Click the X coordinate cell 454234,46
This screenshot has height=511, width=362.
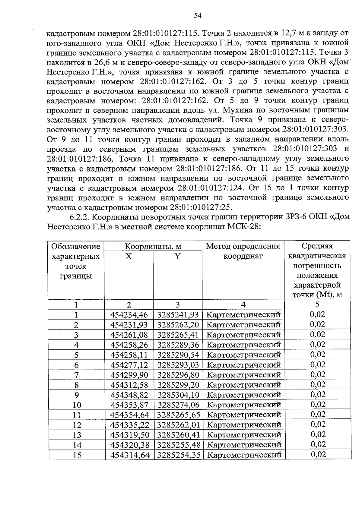129,315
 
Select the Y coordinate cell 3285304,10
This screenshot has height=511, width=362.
178,395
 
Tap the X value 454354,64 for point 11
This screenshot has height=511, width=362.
130,415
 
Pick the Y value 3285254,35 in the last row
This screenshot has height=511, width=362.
179,455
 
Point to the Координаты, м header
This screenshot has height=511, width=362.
153,246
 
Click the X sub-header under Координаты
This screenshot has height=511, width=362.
129,257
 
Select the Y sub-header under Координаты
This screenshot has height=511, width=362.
178,257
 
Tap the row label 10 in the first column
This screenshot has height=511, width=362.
77,405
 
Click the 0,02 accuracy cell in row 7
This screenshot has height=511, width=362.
318,374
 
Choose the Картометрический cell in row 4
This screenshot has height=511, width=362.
244,345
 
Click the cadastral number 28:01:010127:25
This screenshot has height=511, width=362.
201,207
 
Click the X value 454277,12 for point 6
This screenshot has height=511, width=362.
129,365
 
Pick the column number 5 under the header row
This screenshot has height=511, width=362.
317,304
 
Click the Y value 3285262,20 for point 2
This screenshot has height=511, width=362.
178,325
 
